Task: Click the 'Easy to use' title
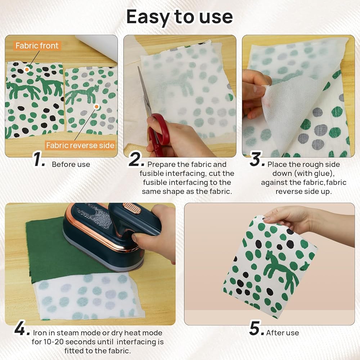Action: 180,17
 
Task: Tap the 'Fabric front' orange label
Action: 37,46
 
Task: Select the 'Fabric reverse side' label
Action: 80,145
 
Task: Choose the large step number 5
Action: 256,328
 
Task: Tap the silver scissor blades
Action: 144,92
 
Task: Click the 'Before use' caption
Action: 71,165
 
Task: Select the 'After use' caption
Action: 283,333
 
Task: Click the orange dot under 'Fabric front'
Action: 27,69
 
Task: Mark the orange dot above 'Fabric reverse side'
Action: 96,107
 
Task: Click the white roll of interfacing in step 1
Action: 98,47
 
